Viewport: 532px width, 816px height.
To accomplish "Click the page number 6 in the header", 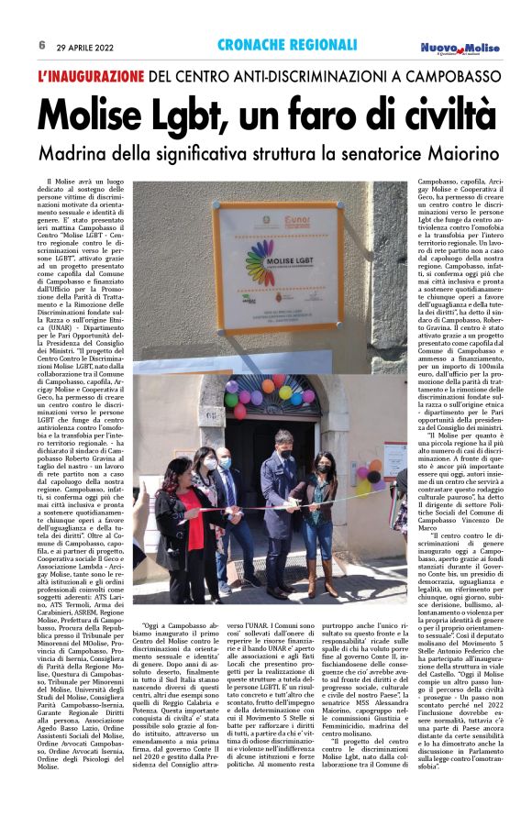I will (x=42, y=44).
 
